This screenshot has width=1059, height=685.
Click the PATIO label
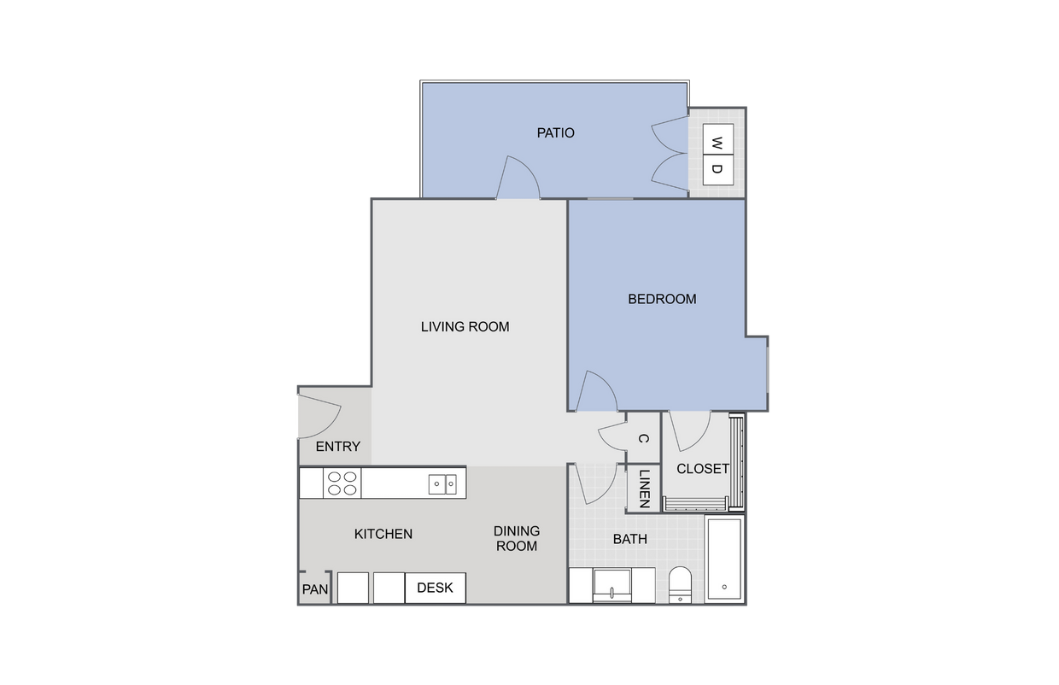tap(555, 133)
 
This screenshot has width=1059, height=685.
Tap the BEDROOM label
tap(662, 299)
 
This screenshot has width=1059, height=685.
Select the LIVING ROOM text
tap(465, 326)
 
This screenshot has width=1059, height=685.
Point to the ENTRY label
tap(338, 447)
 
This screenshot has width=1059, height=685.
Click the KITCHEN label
tap(383, 534)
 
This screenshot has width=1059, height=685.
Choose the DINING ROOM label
tap(517, 538)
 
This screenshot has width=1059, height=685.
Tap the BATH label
tap(629, 539)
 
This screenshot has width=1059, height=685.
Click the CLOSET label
tap(703, 468)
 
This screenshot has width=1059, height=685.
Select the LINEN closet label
tap(644, 489)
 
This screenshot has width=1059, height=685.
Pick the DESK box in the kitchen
tap(435, 588)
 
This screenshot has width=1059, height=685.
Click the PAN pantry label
tap(315, 589)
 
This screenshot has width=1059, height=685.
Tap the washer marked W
tap(717, 140)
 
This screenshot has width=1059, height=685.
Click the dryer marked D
tap(717, 169)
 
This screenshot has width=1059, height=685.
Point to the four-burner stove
tap(342, 483)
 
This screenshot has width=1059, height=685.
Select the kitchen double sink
tap(442, 484)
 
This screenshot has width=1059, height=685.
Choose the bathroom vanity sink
tap(614, 585)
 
